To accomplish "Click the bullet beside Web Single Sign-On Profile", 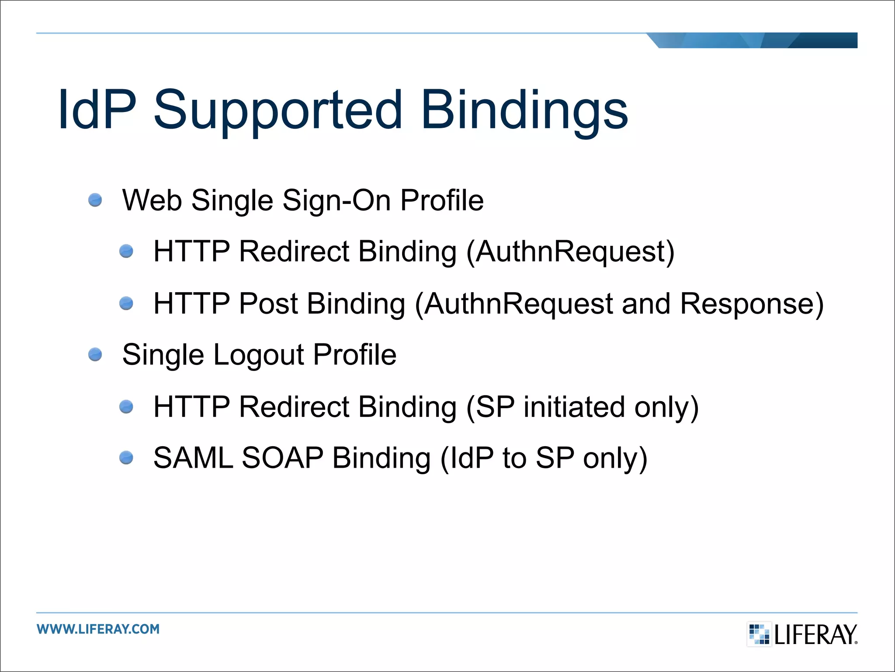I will tap(95, 200).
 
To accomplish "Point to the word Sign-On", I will tap(336, 200).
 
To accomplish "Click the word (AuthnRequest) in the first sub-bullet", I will tap(570, 252).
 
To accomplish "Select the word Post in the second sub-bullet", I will tap(268, 304).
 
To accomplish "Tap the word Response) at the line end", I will tap(752, 304).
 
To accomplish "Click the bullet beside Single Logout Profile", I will tap(95, 354).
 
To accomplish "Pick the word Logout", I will tap(258, 354).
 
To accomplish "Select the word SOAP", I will tap(282, 458).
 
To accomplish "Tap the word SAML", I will tap(193, 458).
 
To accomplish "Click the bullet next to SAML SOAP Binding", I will tap(126, 458).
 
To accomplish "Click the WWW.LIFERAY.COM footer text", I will tap(98, 629).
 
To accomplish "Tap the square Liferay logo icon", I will tap(759, 634).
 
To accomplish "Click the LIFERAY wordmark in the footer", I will tap(815, 635).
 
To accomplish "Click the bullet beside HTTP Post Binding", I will tap(126, 303).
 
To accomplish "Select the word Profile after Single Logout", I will tap(354, 354).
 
